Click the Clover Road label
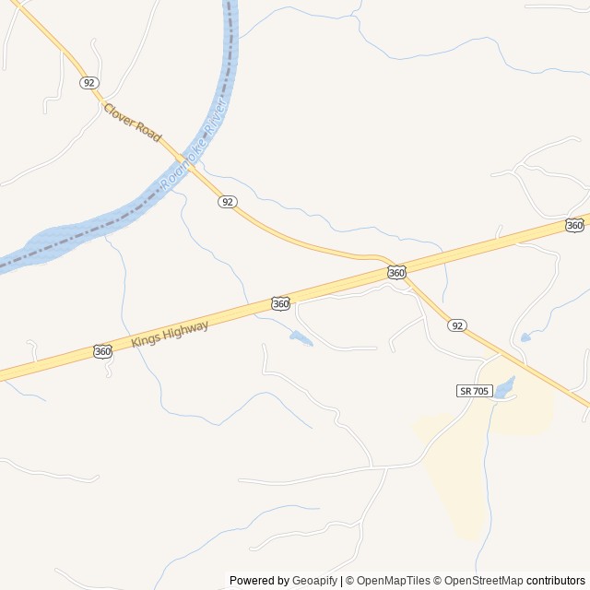tap(133, 122)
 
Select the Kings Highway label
tap(170, 334)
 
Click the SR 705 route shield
tap(474, 391)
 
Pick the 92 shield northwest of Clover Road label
tap(88, 82)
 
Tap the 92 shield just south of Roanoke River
tap(228, 202)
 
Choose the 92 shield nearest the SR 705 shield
tap(457, 325)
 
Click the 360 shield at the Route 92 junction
tap(396, 272)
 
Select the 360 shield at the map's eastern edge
tap(574, 225)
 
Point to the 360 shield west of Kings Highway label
tap(103, 351)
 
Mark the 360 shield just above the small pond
tap(281, 303)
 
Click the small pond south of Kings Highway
tap(301, 338)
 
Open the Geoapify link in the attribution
tap(314, 581)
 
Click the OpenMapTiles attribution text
tap(393, 581)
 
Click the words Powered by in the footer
tap(259, 581)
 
